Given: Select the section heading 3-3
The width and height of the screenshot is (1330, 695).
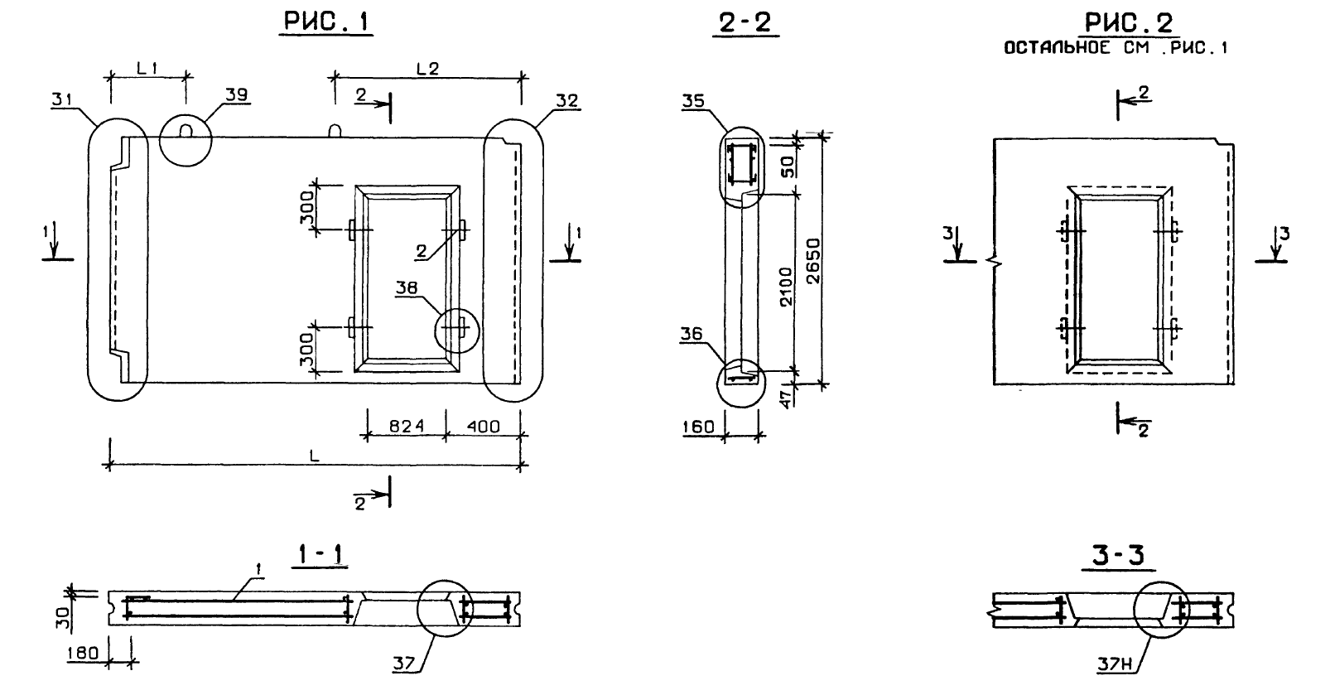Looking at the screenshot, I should coord(1114,557).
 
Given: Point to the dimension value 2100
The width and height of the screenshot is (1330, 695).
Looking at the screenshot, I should coord(787,286).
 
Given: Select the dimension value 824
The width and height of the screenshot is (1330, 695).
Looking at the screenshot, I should coord(407,427).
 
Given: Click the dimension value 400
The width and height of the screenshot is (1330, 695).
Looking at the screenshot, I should coord(483,427).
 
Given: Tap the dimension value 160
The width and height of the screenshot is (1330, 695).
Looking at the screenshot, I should coord(699,427).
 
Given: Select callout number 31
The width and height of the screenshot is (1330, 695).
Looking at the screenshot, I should coord(60,100).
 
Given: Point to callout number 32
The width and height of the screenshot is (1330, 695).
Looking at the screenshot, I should coord(567,101).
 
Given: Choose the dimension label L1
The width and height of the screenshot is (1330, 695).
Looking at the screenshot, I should coord(148,70).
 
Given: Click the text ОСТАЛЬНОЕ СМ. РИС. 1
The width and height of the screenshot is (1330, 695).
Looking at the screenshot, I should coord(1115,48).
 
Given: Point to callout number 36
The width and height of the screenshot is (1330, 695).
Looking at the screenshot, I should coord(692,334).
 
